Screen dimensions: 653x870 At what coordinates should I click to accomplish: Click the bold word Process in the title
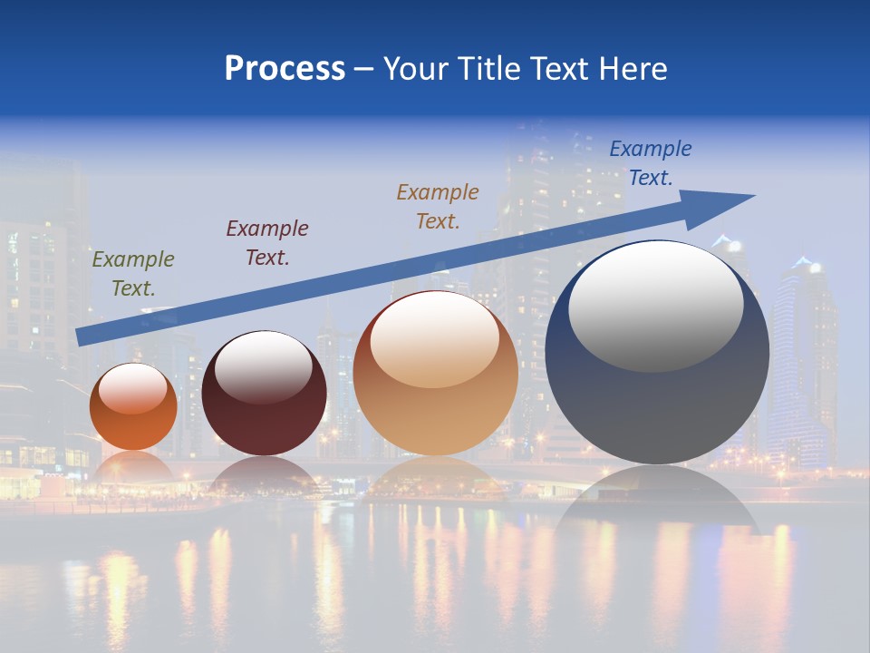(285, 69)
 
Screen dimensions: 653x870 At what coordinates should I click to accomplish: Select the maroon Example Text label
(267, 243)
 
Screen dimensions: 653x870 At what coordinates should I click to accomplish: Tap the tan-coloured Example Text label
(438, 207)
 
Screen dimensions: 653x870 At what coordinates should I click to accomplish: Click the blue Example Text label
(651, 163)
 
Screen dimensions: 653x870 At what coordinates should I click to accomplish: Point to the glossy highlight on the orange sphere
(133, 388)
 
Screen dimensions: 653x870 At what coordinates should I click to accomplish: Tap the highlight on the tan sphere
(435, 339)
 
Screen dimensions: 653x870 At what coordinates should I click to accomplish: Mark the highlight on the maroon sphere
(264, 365)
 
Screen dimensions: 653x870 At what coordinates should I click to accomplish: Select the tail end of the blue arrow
(86, 337)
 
